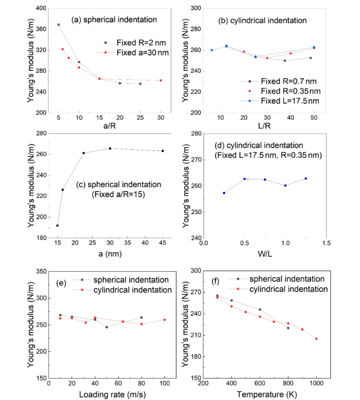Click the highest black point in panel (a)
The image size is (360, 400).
(59, 25)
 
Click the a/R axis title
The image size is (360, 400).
(109, 127)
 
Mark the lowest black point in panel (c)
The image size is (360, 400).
(58, 225)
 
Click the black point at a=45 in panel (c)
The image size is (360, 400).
(163, 151)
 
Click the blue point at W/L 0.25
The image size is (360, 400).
(224, 193)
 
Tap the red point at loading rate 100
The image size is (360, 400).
(164, 320)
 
